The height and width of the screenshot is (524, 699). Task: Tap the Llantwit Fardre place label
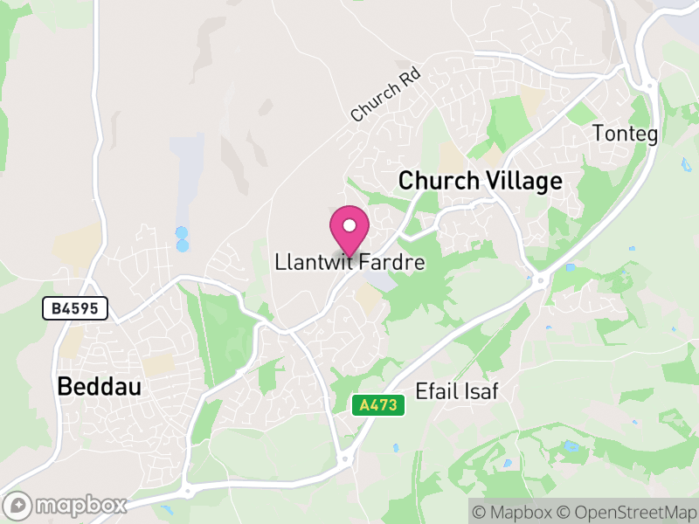point(349,262)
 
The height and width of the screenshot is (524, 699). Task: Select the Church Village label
point(480,181)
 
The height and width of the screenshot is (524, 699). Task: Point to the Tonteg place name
point(625,134)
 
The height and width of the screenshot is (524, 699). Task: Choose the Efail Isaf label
point(457,390)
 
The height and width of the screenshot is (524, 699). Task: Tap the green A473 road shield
point(378,405)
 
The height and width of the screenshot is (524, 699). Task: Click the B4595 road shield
point(75,307)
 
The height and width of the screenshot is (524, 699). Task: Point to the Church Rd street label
point(385,95)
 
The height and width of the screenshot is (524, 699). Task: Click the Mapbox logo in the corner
point(68,505)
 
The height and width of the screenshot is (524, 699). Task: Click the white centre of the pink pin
point(349,225)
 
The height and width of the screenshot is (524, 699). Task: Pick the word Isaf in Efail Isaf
point(481,390)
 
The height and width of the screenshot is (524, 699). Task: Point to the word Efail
point(436,390)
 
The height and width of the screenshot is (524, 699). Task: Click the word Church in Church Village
point(439,181)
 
